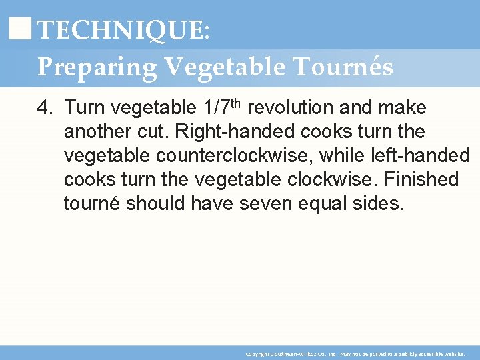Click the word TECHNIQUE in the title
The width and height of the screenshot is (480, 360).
(121, 31)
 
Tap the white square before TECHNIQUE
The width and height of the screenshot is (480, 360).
(22, 29)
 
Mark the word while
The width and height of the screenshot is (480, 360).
(341, 155)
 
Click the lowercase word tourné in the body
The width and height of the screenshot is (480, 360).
(94, 203)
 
